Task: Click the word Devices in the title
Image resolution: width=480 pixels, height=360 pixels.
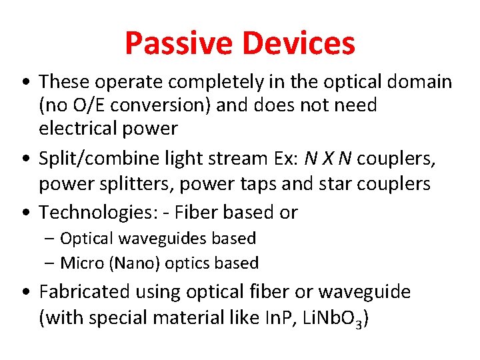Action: [298, 43]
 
